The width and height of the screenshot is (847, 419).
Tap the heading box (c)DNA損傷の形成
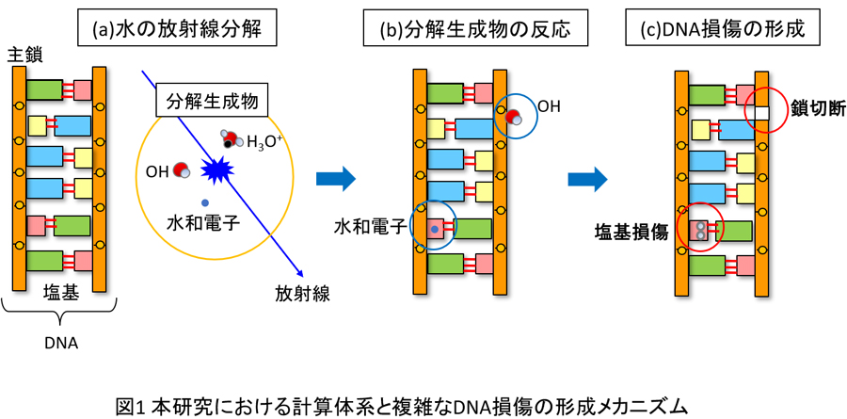[721, 29]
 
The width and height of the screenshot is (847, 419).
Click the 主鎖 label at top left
[22, 57]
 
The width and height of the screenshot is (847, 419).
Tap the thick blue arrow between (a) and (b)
[336, 177]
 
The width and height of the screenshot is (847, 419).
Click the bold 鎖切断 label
[812, 110]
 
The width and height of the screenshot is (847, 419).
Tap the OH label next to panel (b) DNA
[549, 106]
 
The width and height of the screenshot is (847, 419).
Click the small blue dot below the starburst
[203, 202]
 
